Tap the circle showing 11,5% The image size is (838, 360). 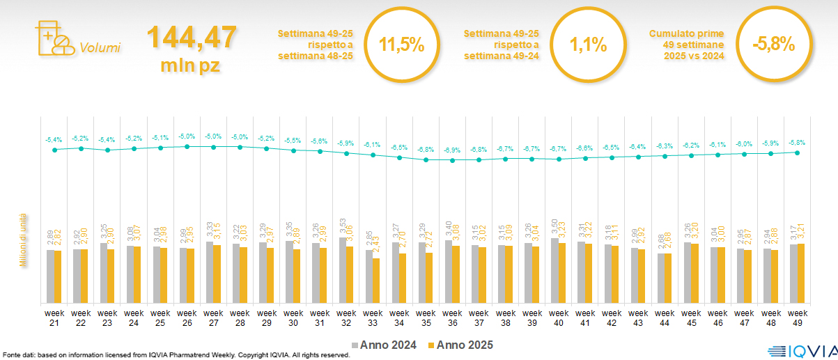[x=401, y=45]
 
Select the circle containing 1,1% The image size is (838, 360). [x=587, y=45]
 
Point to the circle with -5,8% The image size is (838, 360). [x=773, y=45]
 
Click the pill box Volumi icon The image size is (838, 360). [x=54, y=39]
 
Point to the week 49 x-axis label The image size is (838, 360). [x=797, y=318]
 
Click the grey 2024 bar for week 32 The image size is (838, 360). [x=343, y=270]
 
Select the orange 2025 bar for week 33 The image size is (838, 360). [x=376, y=281]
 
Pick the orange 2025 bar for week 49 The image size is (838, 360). [x=800, y=273]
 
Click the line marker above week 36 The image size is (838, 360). [x=452, y=160]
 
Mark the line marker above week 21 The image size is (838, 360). [x=54, y=150]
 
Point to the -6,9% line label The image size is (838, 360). [x=452, y=150]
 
